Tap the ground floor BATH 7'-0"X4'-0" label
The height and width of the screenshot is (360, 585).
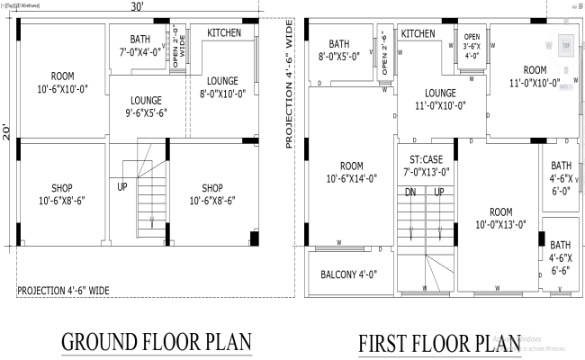click(x=139, y=45)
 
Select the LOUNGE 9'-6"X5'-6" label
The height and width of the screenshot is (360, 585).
click(x=146, y=107)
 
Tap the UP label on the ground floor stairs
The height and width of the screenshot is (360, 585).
click(x=121, y=187)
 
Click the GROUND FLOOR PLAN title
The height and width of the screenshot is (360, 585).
click(x=156, y=343)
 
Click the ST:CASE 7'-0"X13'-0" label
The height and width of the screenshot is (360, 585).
click(x=426, y=165)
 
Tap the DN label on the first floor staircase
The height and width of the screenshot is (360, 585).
click(x=410, y=193)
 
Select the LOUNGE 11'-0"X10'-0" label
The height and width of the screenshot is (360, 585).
click(x=440, y=99)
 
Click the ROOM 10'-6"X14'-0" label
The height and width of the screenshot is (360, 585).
click(x=350, y=171)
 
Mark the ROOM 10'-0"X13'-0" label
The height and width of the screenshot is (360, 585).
click(x=500, y=217)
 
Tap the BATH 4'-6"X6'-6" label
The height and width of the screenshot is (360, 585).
click(x=560, y=256)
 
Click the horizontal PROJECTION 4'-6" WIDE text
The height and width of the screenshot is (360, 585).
click(x=64, y=291)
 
